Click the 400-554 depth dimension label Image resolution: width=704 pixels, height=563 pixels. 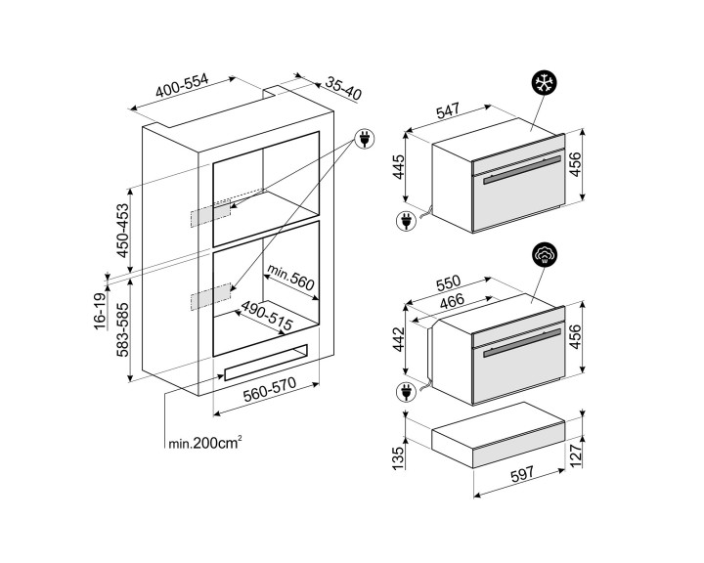[182, 85]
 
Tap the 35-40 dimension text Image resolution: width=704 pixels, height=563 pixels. [343, 88]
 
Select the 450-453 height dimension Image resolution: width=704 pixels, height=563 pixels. [122, 231]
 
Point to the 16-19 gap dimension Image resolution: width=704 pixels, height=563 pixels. [101, 311]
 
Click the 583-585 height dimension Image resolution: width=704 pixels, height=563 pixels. [122, 330]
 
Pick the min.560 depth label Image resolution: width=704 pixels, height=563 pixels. [291, 277]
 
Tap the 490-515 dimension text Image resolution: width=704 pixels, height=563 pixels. [267, 315]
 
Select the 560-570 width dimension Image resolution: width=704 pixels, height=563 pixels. [270, 390]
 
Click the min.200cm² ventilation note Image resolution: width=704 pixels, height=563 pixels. [205, 443]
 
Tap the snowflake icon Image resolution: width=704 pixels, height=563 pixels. [545, 83]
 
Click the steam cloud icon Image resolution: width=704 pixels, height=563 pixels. [545, 254]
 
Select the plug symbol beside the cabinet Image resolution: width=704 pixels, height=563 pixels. [365, 138]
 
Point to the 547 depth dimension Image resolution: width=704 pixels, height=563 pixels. [448, 110]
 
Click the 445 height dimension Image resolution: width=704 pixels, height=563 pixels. [399, 167]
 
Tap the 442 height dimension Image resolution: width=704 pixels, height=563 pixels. [399, 340]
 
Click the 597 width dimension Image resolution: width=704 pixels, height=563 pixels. [522, 474]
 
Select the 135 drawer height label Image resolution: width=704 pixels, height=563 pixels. [399, 458]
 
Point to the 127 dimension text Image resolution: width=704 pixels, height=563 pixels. [576, 454]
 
